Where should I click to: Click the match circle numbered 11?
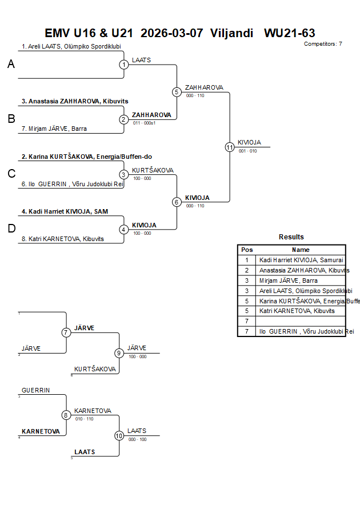click(230, 147)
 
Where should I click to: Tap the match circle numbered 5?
click(177, 92)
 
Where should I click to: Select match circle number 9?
click(119, 353)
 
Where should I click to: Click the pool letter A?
click(11, 65)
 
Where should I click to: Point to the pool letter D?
click(11, 229)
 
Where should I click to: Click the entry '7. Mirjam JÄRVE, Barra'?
click(54, 129)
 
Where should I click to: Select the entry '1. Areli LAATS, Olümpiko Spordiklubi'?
click(71, 47)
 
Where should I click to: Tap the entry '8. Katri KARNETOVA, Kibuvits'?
click(63, 239)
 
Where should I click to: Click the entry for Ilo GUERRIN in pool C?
click(73, 184)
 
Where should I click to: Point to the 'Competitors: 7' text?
click(323, 44)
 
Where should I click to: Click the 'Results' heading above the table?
click(291, 237)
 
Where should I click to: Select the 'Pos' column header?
click(247, 250)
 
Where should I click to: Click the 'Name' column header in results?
click(301, 250)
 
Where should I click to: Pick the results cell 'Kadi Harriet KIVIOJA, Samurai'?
click(301, 260)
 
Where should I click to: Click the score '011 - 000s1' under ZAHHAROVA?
click(144, 123)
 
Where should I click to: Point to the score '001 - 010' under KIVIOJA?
click(247, 151)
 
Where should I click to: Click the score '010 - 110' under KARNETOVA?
click(84, 419)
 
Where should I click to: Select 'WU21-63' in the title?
click(290, 33)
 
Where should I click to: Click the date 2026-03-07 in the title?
click(171, 33)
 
